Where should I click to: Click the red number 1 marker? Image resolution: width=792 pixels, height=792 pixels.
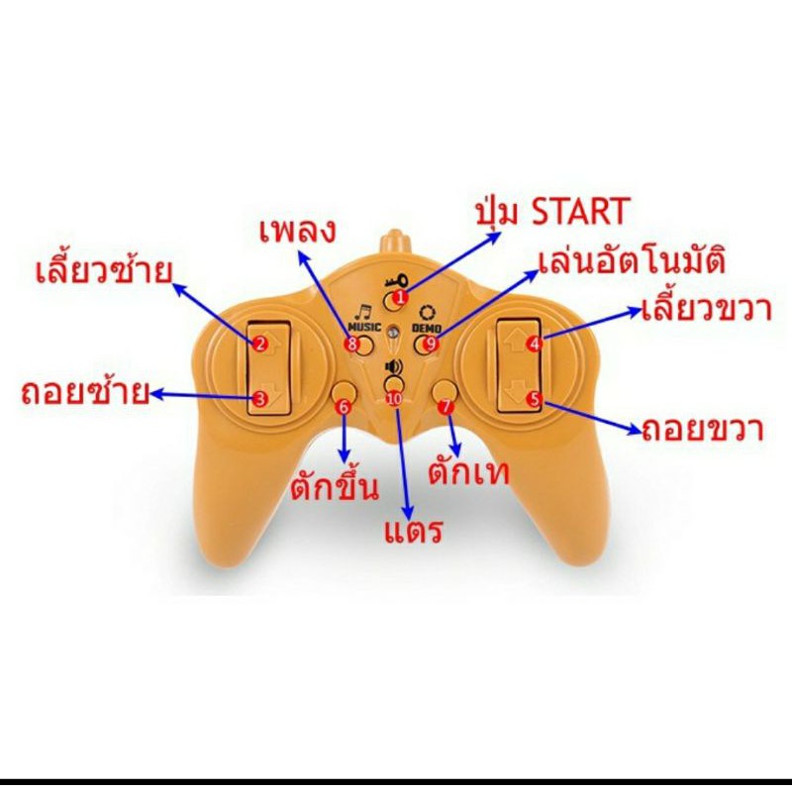(400, 298)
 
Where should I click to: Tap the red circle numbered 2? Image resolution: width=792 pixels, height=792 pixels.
(259, 345)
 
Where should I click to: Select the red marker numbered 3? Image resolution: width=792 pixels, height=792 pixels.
(259, 399)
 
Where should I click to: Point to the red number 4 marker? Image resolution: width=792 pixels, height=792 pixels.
(534, 344)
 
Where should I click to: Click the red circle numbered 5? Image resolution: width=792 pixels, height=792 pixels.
(534, 399)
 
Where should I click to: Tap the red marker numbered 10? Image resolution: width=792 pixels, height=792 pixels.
(394, 399)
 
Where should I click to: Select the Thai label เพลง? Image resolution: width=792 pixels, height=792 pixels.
(298, 232)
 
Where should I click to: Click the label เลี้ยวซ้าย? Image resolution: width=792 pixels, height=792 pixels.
(104, 270)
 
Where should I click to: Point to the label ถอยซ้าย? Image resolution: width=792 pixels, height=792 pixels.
(85, 392)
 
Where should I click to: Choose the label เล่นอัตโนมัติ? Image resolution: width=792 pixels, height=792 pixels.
(632, 261)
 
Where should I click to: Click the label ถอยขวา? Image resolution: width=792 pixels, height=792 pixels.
(703, 430)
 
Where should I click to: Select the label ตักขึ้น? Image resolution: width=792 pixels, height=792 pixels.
(335, 485)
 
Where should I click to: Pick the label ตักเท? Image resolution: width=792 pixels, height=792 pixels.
(468, 472)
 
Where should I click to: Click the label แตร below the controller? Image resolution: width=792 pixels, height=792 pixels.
(413, 531)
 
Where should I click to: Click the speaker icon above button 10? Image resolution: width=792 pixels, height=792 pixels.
(393, 366)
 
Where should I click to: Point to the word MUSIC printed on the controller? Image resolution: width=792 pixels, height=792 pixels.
(364, 327)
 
